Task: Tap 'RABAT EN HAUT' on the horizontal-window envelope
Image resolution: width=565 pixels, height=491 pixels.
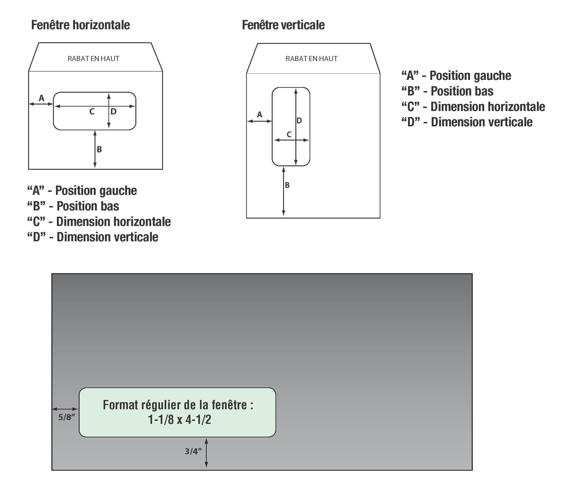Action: click(x=93, y=59)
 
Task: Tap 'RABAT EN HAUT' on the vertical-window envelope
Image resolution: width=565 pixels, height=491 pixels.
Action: click(x=312, y=59)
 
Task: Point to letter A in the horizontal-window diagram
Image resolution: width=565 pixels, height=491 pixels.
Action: click(x=41, y=98)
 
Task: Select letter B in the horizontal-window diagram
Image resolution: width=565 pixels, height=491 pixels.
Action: click(x=99, y=149)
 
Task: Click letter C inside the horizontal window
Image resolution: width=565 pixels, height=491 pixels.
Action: click(x=92, y=111)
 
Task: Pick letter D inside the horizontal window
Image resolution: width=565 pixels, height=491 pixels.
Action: click(x=113, y=111)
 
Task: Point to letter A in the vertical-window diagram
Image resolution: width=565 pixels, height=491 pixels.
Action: click(x=259, y=115)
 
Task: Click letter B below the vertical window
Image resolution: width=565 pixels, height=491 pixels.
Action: click(x=287, y=185)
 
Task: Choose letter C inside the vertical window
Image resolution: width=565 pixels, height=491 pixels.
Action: click(x=289, y=134)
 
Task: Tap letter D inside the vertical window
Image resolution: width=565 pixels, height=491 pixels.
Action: click(x=299, y=121)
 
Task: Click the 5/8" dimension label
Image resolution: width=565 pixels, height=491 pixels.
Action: click(x=66, y=417)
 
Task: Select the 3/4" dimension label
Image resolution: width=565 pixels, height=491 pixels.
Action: click(x=193, y=451)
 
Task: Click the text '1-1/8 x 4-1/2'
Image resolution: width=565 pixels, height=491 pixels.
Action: click(x=180, y=420)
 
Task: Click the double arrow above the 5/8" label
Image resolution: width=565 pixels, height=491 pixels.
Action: click(x=65, y=409)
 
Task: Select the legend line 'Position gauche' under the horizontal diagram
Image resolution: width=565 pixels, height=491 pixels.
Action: click(x=82, y=190)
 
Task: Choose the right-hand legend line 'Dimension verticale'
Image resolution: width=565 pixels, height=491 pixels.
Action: click(x=467, y=122)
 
